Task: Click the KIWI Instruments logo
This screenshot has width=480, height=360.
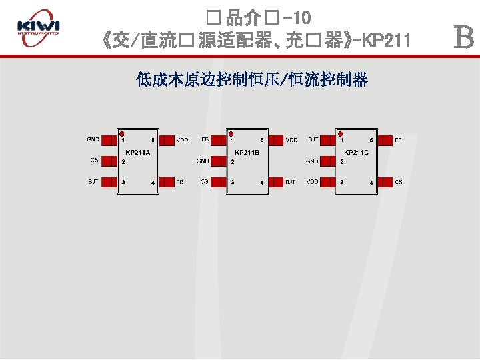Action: (x=38, y=29)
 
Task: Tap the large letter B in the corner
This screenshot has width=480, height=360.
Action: (x=463, y=37)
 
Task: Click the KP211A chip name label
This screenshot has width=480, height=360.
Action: (x=138, y=153)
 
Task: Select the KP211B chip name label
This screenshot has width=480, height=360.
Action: (x=247, y=153)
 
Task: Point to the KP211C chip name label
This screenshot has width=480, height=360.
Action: (x=356, y=153)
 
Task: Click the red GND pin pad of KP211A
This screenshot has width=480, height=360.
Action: (x=109, y=140)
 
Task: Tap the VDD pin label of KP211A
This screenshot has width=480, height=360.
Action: (x=182, y=140)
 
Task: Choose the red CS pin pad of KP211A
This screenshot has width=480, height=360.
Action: (x=109, y=161)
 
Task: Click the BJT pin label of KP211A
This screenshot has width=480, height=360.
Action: (x=93, y=181)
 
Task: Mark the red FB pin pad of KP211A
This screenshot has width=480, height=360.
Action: (x=166, y=181)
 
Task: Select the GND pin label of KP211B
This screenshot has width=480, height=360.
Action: (x=203, y=161)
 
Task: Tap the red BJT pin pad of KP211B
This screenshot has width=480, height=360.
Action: (x=275, y=181)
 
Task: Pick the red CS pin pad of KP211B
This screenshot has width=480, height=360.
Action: (x=219, y=181)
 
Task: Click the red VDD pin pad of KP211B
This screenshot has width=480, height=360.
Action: (x=275, y=140)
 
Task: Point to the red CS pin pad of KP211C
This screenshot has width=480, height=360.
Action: (x=384, y=181)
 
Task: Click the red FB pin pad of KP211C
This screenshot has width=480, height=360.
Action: (x=384, y=140)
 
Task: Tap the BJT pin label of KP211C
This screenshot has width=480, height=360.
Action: (x=312, y=140)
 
